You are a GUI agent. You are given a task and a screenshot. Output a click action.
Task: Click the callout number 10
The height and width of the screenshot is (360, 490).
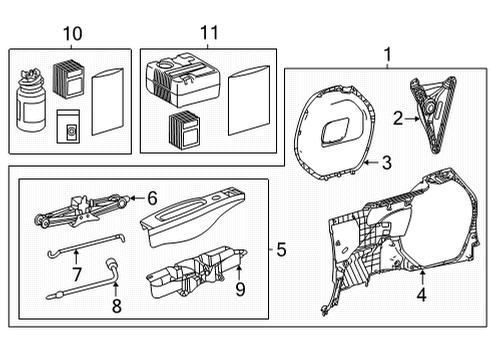pos(70,35)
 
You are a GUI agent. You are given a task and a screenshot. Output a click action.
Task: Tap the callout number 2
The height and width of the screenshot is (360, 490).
pos(397,119)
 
